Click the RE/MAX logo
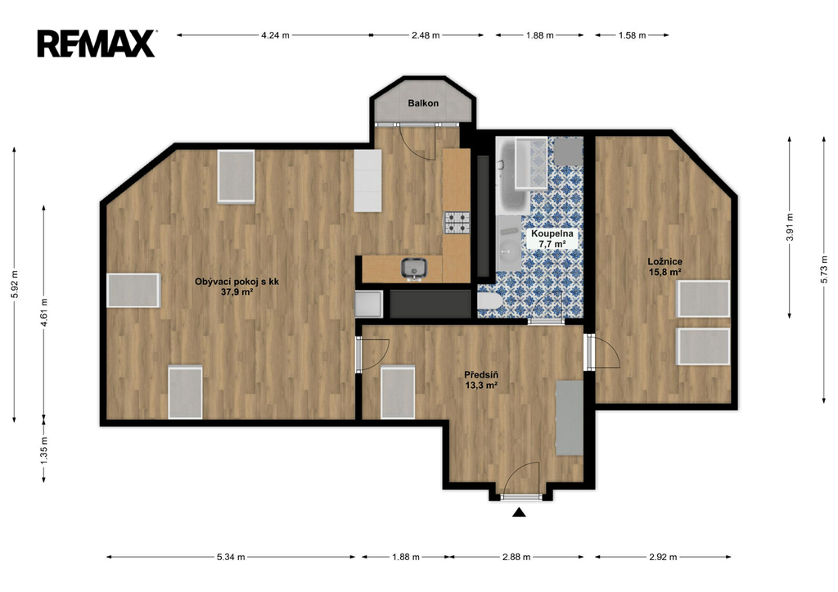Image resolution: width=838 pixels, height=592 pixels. (x=97, y=43)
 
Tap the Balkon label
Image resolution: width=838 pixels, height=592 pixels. (x=423, y=103)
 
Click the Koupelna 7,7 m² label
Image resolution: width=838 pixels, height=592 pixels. (x=552, y=238)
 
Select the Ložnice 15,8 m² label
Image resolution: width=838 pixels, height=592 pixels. (x=665, y=267)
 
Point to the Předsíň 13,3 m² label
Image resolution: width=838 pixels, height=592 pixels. (x=481, y=380)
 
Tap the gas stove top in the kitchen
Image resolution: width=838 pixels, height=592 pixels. (x=457, y=223)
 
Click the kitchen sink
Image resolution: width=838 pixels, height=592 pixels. (x=414, y=269)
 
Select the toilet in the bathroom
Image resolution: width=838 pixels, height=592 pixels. (x=489, y=301)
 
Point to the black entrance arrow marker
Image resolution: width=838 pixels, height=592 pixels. (x=519, y=513)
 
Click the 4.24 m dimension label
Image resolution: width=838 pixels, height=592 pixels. (x=275, y=35)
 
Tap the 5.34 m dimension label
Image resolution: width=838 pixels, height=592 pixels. (x=231, y=557)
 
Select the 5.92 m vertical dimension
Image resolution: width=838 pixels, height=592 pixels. (x=15, y=284)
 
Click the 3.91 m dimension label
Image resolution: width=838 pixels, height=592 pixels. (x=790, y=227)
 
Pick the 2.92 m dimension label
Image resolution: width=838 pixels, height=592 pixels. (x=663, y=557)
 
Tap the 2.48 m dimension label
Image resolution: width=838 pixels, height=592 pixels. (x=426, y=35)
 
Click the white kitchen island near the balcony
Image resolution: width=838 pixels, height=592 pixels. (x=367, y=180)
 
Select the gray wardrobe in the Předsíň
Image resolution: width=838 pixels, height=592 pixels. (x=570, y=418)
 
